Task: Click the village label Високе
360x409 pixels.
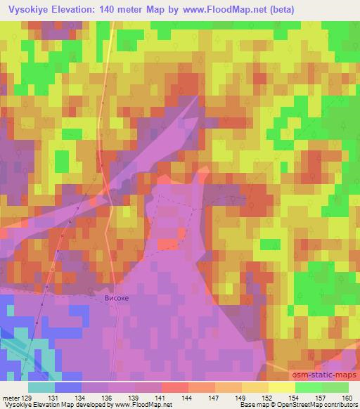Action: click(116, 298)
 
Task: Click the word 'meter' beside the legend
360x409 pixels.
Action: click(11, 398)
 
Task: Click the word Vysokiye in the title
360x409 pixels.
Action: click(25, 9)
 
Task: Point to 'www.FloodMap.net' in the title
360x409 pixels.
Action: click(219, 9)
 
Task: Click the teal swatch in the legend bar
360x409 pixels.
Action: click(41, 387)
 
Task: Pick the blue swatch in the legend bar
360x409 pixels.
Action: click(68, 387)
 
